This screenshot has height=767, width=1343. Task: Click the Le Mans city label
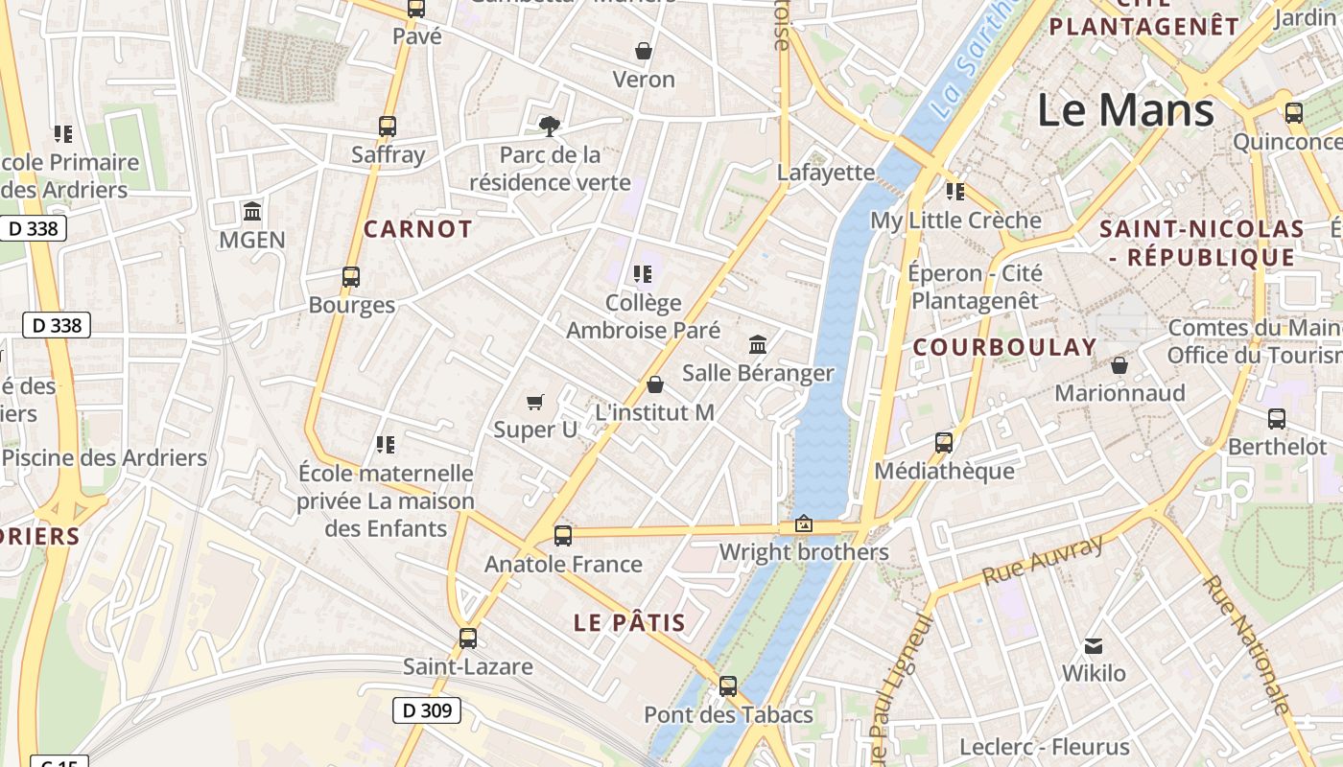(x=1125, y=110)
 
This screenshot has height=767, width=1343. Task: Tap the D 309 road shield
(x=427, y=710)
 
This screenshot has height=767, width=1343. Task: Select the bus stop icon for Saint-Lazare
(x=467, y=638)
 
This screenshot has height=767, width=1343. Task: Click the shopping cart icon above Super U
(x=535, y=402)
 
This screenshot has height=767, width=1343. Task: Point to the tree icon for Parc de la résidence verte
(x=550, y=126)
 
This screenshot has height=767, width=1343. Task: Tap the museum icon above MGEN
(x=252, y=211)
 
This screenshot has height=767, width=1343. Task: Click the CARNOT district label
(x=417, y=229)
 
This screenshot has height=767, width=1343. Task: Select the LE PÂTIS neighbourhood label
(x=629, y=622)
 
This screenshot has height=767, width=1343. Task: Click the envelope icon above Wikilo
(x=1093, y=645)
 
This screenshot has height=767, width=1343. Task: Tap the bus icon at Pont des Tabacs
(x=728, y=686)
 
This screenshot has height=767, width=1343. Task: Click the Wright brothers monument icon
(x=803, y=524)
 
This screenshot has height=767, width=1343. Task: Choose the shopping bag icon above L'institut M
(x=655, y=384)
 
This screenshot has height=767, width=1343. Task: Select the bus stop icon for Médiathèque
(x=944, y=442)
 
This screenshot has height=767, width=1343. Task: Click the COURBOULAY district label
(x=1003, y=348)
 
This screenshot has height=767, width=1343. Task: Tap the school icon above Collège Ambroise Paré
(x=643, y=275)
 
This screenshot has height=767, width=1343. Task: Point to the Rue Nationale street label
(x=1246, y=644)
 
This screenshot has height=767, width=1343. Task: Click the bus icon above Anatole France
(x=563, y=535)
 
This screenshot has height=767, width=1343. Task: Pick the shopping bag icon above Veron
(x=644, y=51)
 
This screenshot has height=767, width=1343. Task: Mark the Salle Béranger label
(x=758, y=372)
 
